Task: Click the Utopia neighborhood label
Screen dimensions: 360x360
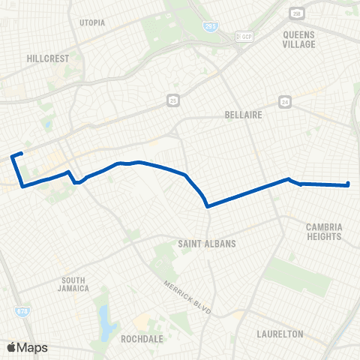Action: pos(92,22)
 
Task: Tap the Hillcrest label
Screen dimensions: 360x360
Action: pos(47,57)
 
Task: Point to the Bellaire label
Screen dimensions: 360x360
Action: pos(241,115)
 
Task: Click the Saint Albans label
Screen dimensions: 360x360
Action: pos(207,244)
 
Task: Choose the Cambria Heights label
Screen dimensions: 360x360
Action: pos(324,231)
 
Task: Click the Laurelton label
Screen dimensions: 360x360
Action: pos(279,333)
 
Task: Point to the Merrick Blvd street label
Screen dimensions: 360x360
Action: pos(186,296)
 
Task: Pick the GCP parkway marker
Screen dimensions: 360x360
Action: pos(244,35)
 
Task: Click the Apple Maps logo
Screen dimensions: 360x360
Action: pos(27,346)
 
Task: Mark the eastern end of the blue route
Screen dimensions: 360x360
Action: pos(349,184)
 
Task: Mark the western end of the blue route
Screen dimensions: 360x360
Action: pos(21,154)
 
